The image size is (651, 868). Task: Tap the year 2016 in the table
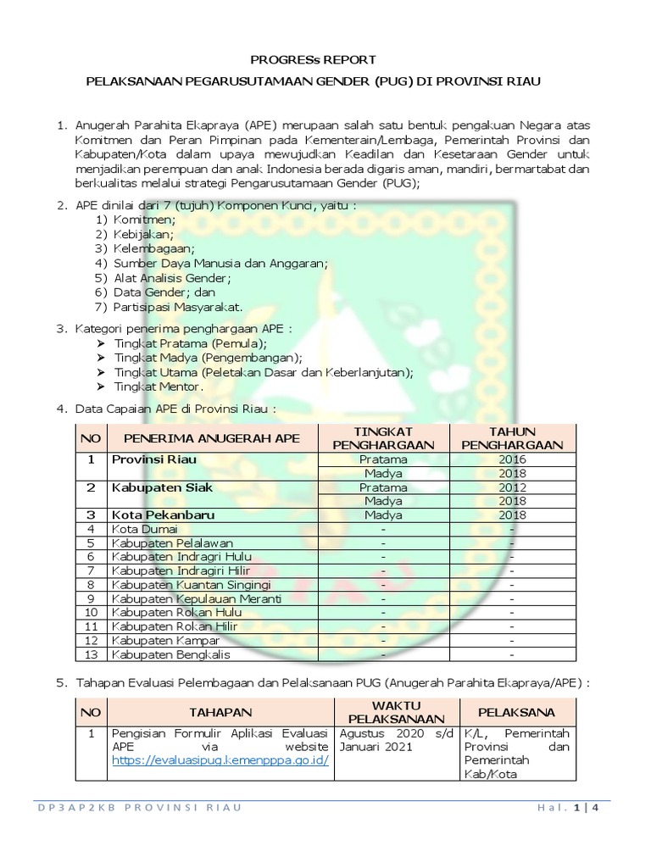click(513, 459)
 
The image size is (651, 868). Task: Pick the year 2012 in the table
click(513, 487)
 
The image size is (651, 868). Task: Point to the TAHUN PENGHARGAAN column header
click(513, 437)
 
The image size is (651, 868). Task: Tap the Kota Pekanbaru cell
click(163, 515)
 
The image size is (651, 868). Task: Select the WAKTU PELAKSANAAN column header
click(396, 711)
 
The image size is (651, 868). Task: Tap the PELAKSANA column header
click(517, 711)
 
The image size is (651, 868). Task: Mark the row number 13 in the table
click(90, 654)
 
